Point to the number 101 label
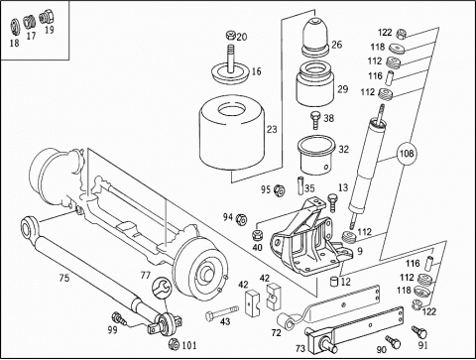pyautogui.click(x=188, y=345)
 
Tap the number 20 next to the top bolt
pyautogui.click(x=241, y=37)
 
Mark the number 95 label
pyautogui.click(x=266, y=189)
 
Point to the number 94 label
pyautogui.click(x=227, y=216)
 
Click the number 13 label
pyautogui.click(x=343, y=187)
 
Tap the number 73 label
pyautogui.click(x=299, y=349)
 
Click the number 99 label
pyautogui.click(x=112, y=330)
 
